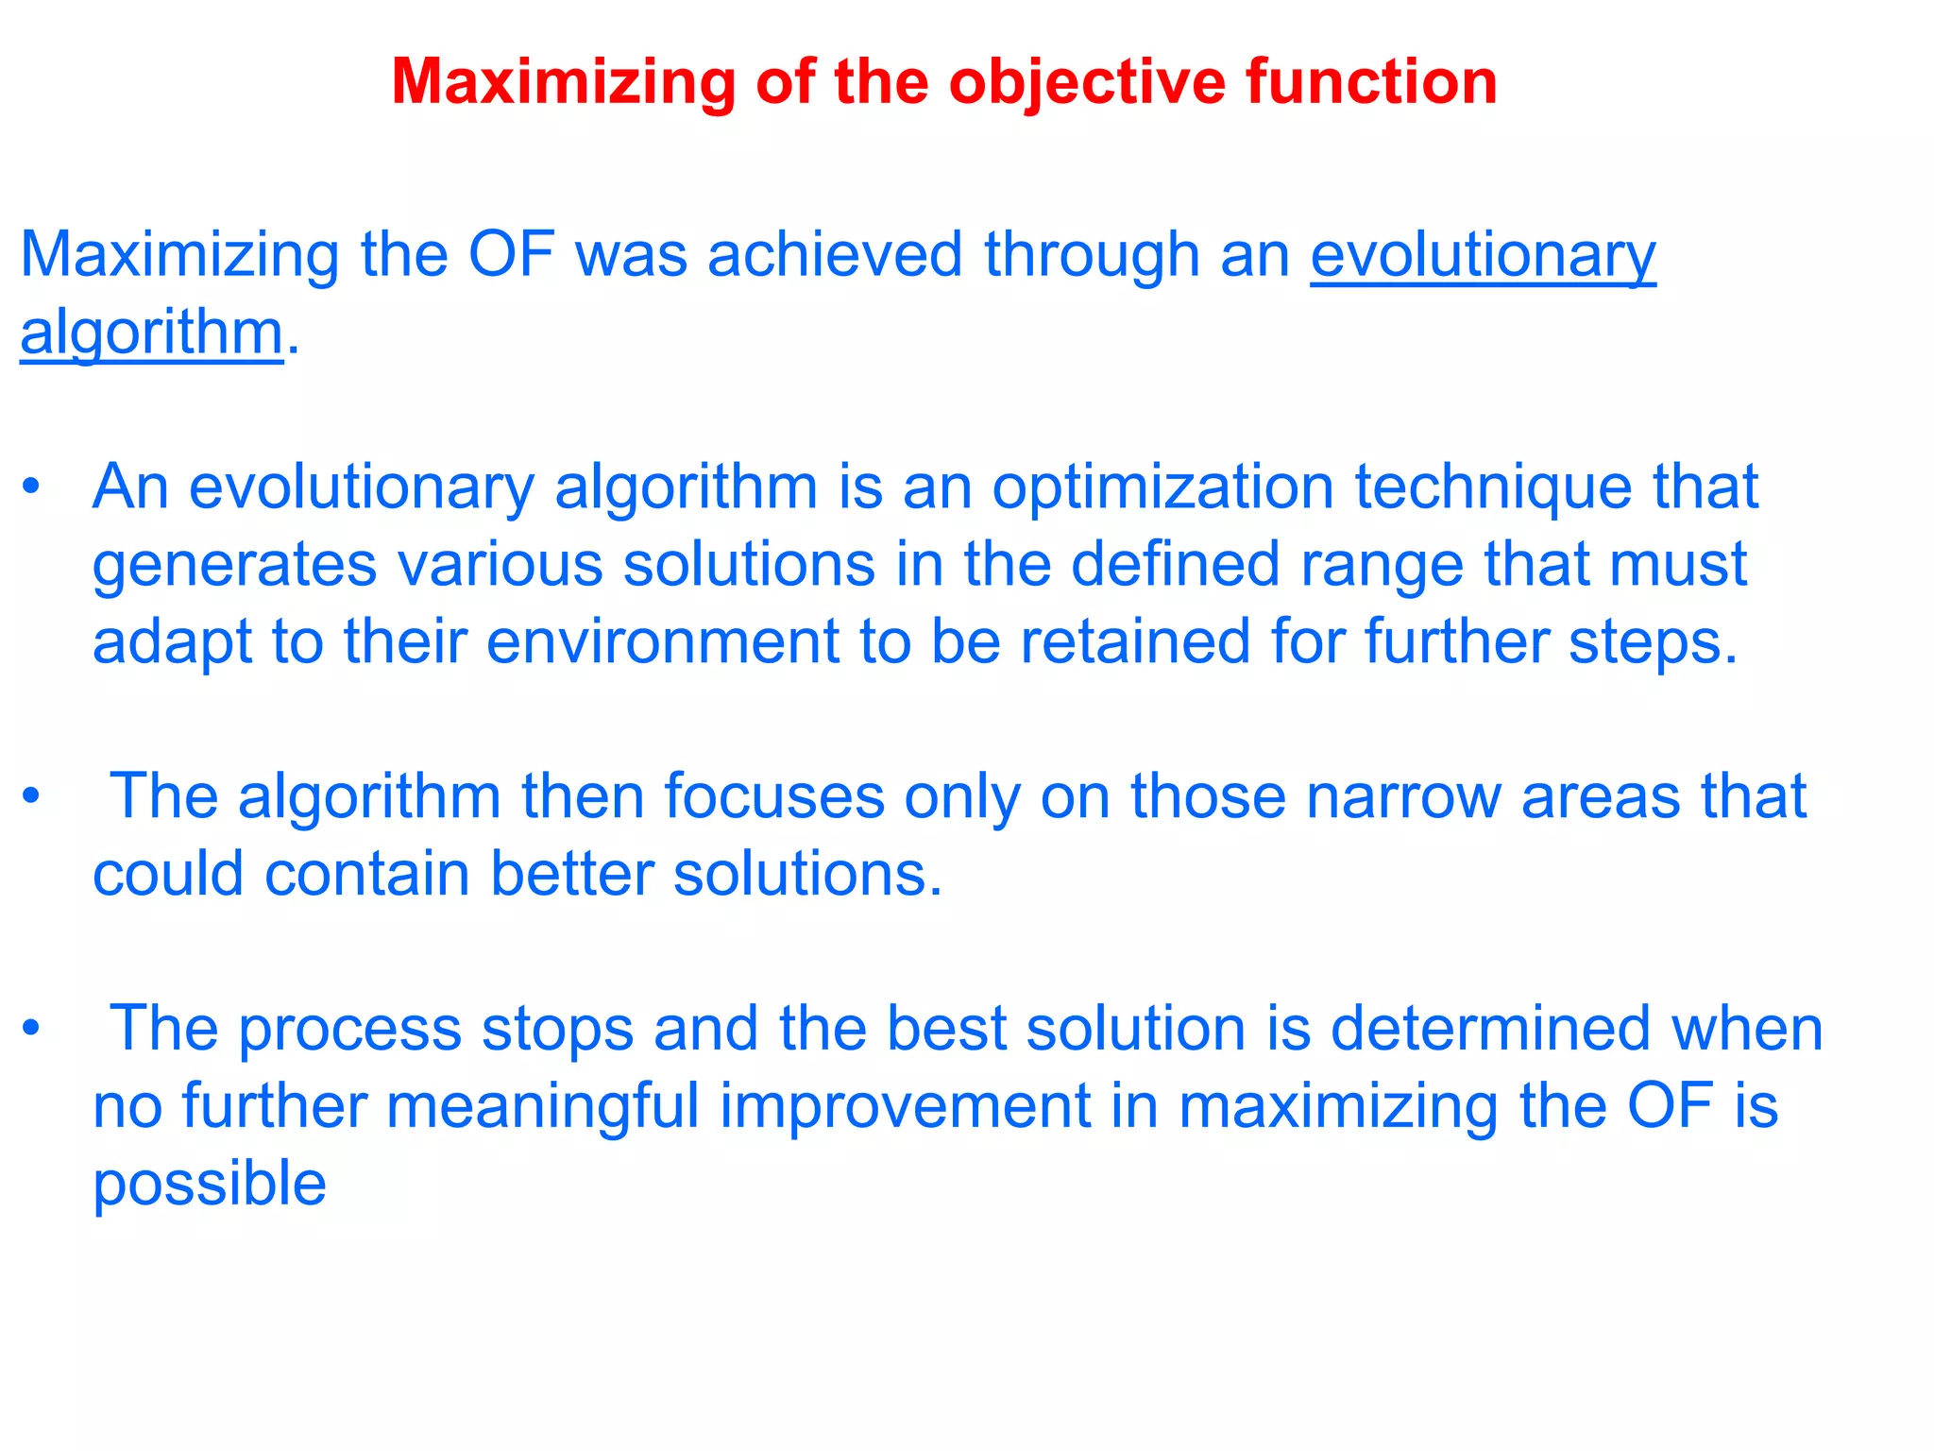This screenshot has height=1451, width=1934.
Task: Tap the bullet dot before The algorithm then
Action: coord(32,797)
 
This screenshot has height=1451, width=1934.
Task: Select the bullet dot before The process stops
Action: coord(32,1029)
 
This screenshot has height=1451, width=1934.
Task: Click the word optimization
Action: coord(1162,488)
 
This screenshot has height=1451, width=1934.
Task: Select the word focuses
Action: coord(773,796)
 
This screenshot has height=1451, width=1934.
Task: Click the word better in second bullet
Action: coord(571,874)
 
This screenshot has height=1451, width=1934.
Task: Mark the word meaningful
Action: coord(542,1106)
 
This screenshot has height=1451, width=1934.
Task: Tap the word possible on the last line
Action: coord(210,1185)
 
